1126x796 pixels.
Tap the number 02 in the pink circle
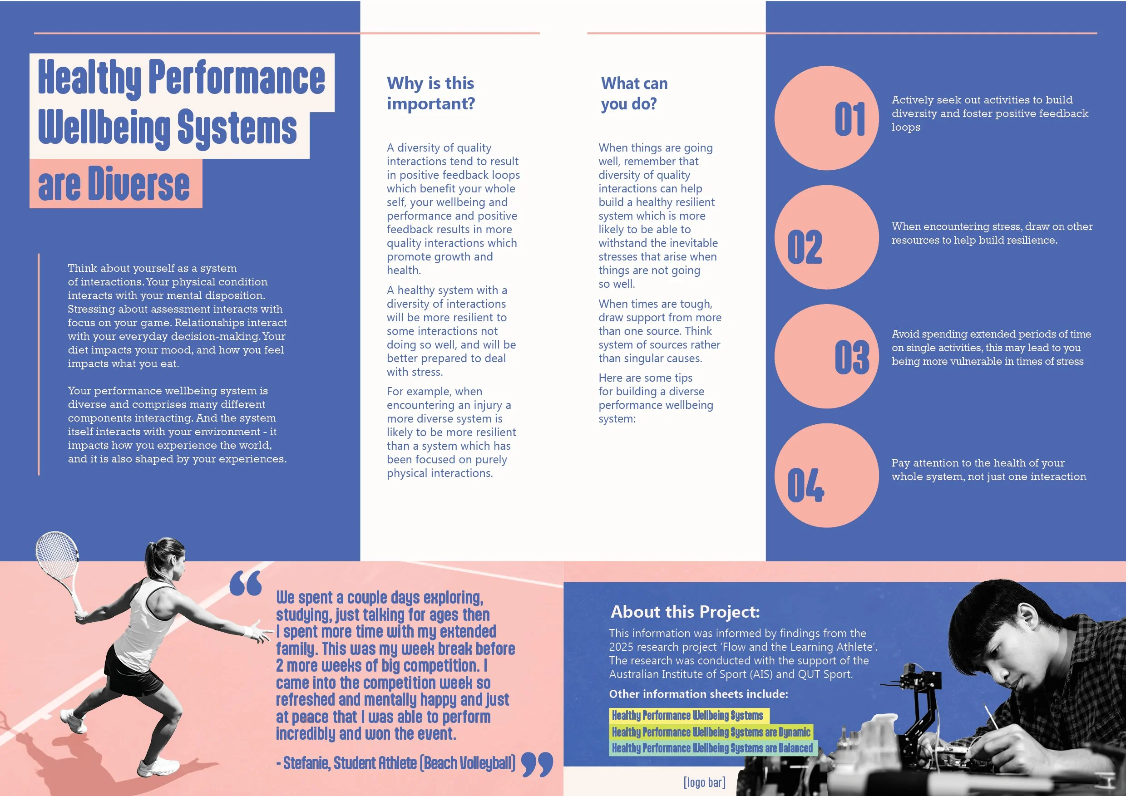tap(805, 247)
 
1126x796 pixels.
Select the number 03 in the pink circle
tap(851, 357)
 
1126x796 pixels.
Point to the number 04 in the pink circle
tap(805, 485)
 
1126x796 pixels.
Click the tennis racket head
tap(57, 556)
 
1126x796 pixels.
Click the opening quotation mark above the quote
tap(246, 583)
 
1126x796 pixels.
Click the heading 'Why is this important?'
tap(430, 93)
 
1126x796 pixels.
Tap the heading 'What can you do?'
tap(634, 93)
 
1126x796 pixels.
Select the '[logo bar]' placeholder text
tap(704, 782)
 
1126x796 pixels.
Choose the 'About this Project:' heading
tap(685, 612)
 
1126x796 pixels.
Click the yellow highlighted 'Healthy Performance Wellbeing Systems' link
tap(687, 716)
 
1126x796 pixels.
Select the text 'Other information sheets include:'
tap(698, 694)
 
